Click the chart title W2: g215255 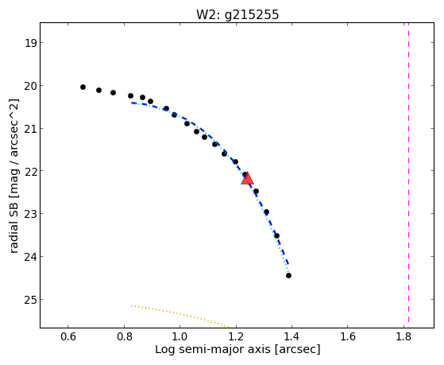tap(237, 15)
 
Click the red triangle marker tap(247, 178)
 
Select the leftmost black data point tap(83, 87)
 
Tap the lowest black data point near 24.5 tap(288, 275)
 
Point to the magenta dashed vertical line tap(408, 173)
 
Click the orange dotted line tap(180, 316)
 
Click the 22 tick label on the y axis tap(30, 171)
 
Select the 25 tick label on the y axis tap(30, 300)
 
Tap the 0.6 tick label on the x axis tap(68, 336)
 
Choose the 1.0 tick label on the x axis tap(180, 336)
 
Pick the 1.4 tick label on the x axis tap(292, 336)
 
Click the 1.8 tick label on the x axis tap(403, 336)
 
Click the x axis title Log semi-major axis tap(213, 349)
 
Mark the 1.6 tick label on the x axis tap(348, 336)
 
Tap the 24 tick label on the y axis tap(30, 257)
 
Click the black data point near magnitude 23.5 tap(276, 235)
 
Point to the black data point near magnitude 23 tap(266, 212)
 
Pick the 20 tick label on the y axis tap(30, 86)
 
